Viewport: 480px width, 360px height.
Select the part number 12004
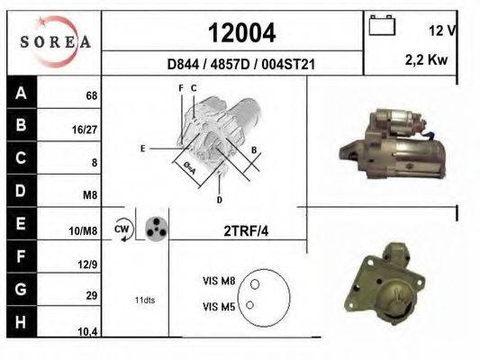[241, 33]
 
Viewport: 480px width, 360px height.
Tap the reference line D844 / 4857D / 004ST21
[240, 65]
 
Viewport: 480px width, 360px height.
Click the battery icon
[383, 26]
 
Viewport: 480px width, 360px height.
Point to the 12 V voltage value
[441, 31]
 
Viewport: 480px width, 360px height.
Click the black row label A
[21, 93]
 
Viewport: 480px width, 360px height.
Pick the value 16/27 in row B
[85, 130]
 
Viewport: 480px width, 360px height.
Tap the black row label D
[21, 191]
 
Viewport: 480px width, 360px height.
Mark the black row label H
[21, 321]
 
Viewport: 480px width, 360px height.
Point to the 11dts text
[145, 300]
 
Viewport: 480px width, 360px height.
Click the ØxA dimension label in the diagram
[189, 168]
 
